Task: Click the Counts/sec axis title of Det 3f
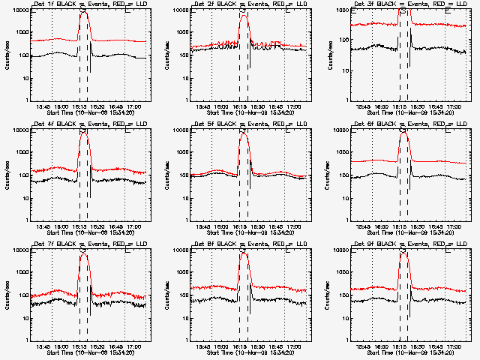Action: [327, 55]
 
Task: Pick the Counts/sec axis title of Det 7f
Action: [7, 295]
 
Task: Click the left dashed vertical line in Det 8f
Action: [239, 300]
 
